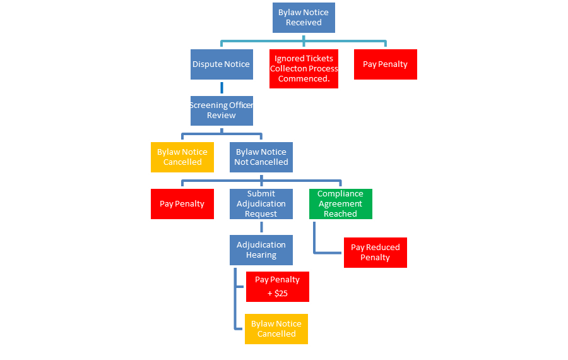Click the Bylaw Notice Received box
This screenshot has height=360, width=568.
(304, 17)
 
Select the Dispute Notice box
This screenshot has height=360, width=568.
(222, 64)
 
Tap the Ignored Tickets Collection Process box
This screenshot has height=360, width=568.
(304, 68)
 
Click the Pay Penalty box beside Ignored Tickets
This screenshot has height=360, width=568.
(385, 64)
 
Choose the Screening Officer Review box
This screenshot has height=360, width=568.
(222, 111)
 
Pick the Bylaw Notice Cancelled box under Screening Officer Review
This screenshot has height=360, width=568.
(182, 157)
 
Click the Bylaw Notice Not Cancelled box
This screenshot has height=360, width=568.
(261, 157)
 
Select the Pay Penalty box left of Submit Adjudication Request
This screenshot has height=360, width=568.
(182, 204)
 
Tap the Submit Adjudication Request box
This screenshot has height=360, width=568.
(261, 204)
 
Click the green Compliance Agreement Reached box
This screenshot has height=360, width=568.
(340, 204)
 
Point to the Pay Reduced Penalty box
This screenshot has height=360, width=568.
(375, 253)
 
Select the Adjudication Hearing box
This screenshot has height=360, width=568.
(261, 250)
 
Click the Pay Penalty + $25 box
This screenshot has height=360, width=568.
(277, 286)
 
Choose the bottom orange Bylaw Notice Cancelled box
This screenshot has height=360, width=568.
(276, 328)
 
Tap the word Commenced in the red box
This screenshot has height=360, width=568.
(304, 79)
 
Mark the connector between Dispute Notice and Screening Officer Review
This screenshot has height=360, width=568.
(222, 88)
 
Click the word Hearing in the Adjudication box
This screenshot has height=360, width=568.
(261, 255)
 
